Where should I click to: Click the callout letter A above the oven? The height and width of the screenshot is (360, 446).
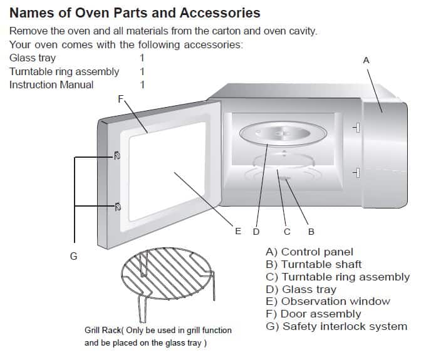click(x=366, y=60)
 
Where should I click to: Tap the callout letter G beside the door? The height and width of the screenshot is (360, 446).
click(x=73, y=256)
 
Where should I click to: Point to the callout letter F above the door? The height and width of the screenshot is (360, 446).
click(x=121, y=98)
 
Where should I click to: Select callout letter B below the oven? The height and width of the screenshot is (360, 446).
click(x=311, y=232)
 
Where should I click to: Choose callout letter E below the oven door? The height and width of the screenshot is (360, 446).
click(x=238, y=232)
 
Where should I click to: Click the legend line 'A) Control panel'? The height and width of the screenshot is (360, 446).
click(x=309, y=252)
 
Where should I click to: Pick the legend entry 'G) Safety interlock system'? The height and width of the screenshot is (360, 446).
click(x=336, y=326)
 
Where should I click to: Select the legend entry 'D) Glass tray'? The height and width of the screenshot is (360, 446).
click(x=301, y=289)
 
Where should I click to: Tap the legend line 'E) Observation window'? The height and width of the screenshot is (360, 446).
click(x=328, y=301)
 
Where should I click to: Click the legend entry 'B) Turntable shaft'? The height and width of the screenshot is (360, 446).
click(x=314, y=264)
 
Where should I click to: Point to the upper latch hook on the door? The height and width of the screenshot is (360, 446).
click(x=117, y=155)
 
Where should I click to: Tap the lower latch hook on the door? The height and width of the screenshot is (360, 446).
click(x=117, y=205)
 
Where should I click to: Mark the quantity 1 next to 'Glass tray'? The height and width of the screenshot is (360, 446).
click(x=142, y=58)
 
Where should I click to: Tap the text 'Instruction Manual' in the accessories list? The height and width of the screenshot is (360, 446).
click(x=51, y=85)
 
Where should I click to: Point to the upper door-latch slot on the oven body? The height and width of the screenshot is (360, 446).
click(x=356, y=128)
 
